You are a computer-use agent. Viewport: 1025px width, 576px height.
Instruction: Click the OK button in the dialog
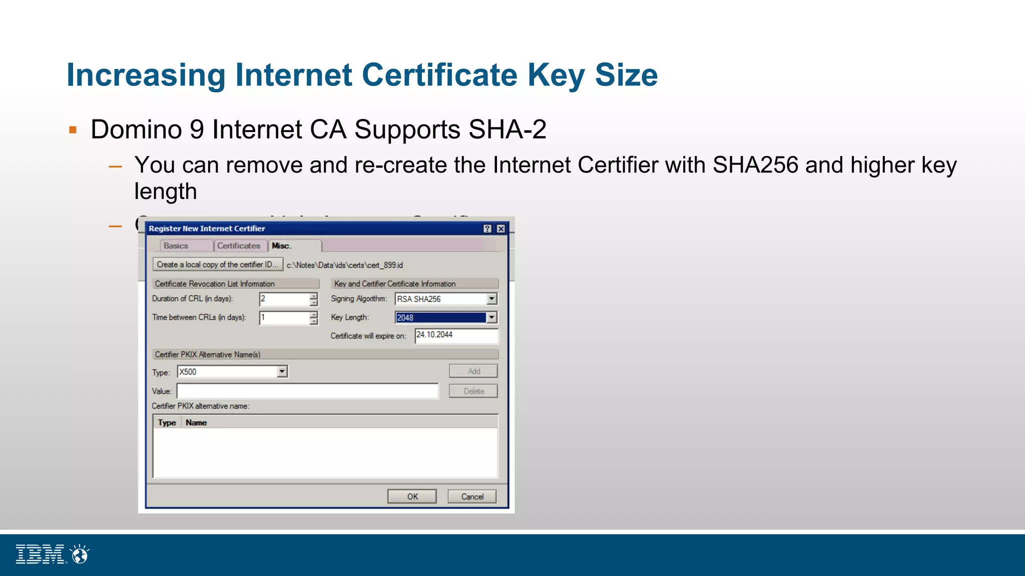[412, 496]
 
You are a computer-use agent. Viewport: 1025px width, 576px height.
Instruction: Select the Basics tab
[176, 246]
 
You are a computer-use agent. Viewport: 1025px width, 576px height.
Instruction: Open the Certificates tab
[239, 246]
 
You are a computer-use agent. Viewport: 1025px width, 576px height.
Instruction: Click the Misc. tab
[282, 246]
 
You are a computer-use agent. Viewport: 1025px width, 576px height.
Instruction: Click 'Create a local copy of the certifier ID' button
[218, 264]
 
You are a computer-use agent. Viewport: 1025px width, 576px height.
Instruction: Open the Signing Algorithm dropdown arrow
[491, 299]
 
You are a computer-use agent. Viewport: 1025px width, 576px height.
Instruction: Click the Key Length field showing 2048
[440, 318]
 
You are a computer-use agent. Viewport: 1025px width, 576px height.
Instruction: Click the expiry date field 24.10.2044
[456, 335]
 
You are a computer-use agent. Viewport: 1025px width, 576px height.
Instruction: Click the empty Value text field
[307, 391]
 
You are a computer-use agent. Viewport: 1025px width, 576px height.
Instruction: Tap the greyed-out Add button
[473, 371]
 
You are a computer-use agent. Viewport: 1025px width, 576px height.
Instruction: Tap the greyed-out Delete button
[473, 391]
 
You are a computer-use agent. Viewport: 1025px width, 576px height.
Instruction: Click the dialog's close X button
[500, 228]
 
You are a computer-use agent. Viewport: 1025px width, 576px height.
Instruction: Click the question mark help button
[487, 228]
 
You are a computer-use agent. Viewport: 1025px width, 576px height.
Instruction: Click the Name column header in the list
[196, 422]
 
